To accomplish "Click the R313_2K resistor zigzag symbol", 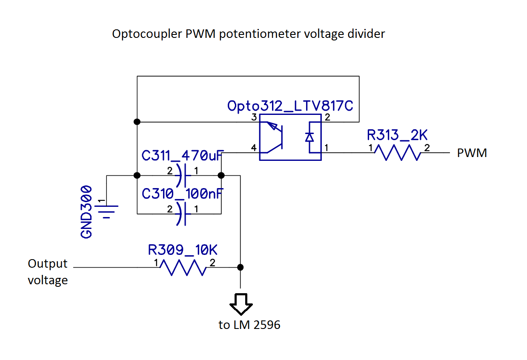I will [397, 153].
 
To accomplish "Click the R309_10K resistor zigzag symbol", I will [183, 268].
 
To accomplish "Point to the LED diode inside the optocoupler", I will [310, 137].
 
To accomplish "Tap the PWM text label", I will [472, 153].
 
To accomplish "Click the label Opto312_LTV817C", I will [290, 106].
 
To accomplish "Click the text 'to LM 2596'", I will [249, 325].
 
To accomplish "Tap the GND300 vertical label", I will [86, 211].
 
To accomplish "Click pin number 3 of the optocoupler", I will [254, 117].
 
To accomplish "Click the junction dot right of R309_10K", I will [240, 267].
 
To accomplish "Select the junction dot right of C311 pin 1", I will [221, 175].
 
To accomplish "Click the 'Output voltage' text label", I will [48, 272].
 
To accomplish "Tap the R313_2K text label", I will [397, 135].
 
